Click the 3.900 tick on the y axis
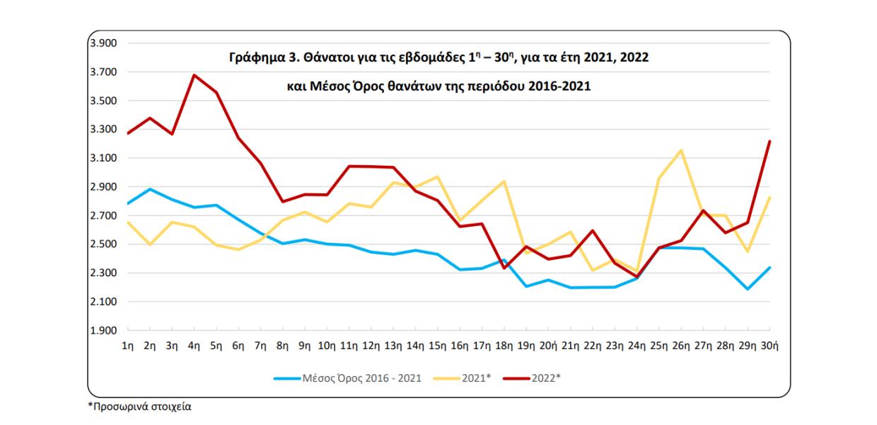(103, 43)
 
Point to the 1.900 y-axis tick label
(103, 331)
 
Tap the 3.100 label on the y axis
(103, 158)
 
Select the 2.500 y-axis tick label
(103, 244)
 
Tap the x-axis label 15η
(438, 345)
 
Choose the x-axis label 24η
(637, 345)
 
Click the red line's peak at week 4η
(194, 75)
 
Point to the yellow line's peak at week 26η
(681, 150)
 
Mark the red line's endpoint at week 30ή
(769, 142)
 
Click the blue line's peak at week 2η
(149, 189)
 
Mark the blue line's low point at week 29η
(748, 289)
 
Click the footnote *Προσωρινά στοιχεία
(139, 407)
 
